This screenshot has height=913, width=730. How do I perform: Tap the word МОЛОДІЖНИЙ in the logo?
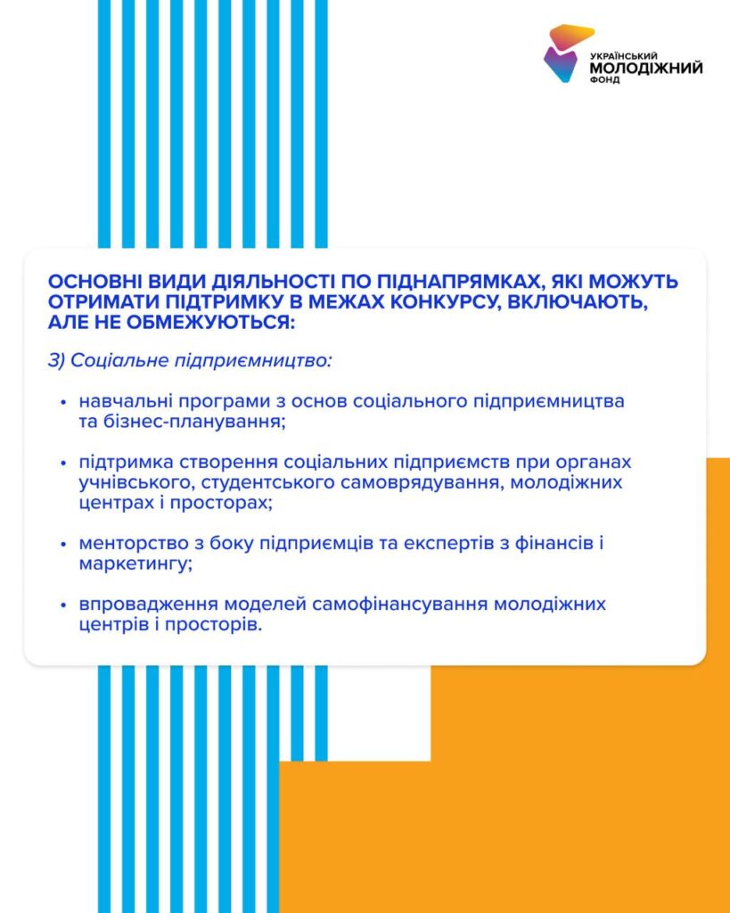(x=646, y=67)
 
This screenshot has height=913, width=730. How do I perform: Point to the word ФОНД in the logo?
(x=604, y=79)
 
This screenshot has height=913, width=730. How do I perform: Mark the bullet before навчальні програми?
(x=63, y=402)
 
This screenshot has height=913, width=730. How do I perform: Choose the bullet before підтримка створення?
(x=63, y=464)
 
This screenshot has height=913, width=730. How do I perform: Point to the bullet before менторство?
(x=63, y=543)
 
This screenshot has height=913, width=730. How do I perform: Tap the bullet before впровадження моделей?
(x=63, y=605)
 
